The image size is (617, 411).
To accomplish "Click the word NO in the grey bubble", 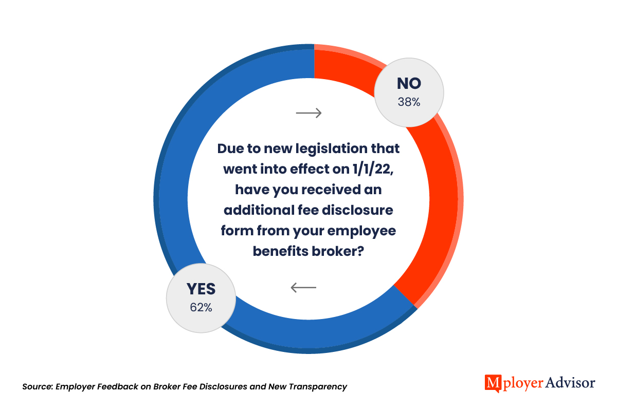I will [409, 84].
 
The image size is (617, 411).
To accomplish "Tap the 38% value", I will [409, 102].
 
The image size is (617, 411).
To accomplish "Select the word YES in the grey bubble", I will [201, 289].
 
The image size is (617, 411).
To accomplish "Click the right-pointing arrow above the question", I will [309, 113].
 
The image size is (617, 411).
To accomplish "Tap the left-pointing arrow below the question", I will [303, 287].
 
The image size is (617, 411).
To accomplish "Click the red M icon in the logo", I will [493, 383].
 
